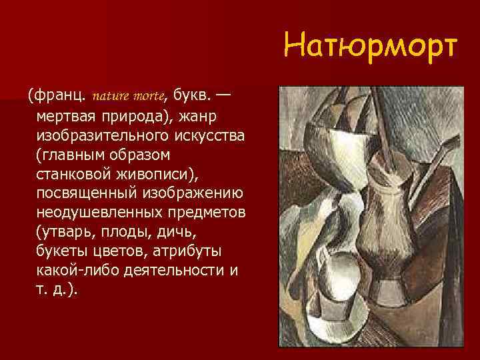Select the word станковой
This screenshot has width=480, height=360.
coord(75,174)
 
